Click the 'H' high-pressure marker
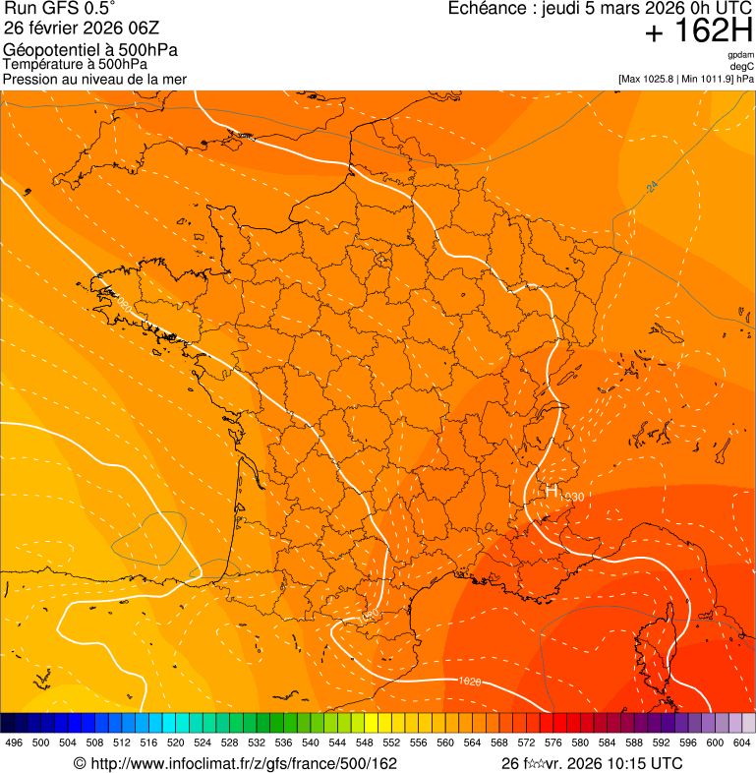pyautogui.click(x=551, y=490)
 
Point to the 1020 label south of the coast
pyautogui.click(x=469, y=681)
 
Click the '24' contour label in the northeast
pyautogui.click(x=652, y=186)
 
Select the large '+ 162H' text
pyautogui.click(x=699, y=32)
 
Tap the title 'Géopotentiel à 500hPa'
pyautogui.click(x=90, y=50)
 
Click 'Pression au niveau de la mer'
pyautogui.click(x=94, y=79)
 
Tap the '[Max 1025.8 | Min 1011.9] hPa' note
pyautogui.click(x=685, y=79)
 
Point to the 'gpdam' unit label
pyautogui.click(x=740, y=55)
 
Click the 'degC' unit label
pyautogui.click(x=742, y=67)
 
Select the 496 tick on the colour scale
pyautogui.click(x=14, y=743)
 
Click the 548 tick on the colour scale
pyautogui.click(x=363, y=743)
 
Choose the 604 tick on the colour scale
pyautogui.click(x=740, y=743)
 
